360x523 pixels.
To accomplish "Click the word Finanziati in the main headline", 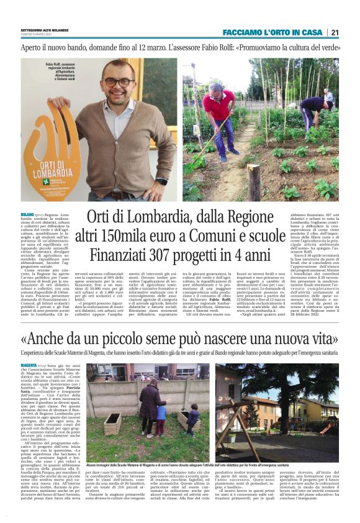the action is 125,254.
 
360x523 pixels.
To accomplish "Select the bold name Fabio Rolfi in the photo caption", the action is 55,63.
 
